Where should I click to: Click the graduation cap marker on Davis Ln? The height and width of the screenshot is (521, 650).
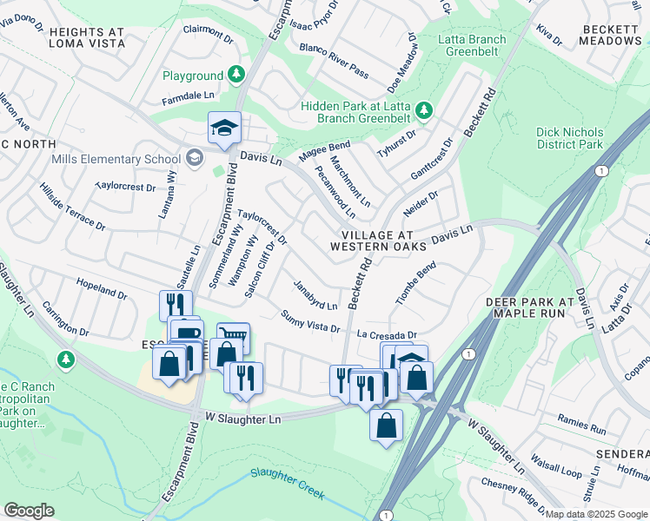(224, 129)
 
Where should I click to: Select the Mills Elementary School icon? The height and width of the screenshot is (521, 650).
(194, 158)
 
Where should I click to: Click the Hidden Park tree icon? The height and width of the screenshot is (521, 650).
(423, 110)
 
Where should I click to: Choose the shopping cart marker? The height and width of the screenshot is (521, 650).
(234, 337)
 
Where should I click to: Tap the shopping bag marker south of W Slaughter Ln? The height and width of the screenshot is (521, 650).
(386, 425)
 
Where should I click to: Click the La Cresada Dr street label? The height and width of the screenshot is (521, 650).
(387, 334)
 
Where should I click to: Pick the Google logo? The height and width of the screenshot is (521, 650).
(29, 511)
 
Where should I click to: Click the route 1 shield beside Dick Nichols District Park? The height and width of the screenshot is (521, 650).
(600, 170)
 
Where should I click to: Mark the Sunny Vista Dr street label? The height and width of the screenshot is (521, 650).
(309, 320)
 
